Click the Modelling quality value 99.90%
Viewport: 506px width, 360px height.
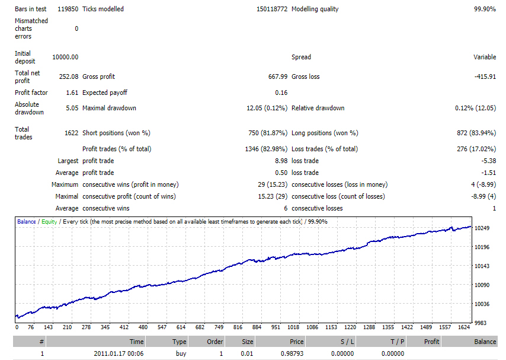485,9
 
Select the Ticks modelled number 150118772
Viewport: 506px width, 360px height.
272,9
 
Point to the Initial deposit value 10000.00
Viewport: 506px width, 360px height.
65,57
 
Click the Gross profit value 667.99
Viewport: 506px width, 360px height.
277,77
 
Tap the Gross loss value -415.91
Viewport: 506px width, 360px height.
485,77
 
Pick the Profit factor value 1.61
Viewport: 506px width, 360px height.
72,93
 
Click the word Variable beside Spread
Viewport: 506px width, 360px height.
485,57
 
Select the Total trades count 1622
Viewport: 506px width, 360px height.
71,133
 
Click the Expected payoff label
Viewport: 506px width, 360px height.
105,93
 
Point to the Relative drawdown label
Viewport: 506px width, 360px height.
318,109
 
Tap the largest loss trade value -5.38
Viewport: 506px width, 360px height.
489,161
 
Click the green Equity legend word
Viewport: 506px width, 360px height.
49,222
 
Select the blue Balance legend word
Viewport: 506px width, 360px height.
27,222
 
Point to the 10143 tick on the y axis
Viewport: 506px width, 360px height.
482,266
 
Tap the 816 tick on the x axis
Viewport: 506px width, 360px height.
238,327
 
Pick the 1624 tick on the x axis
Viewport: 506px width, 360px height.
464,327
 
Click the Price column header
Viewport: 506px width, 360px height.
297,342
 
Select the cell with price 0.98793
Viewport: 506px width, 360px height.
292,353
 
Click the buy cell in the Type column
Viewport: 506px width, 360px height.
181,353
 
